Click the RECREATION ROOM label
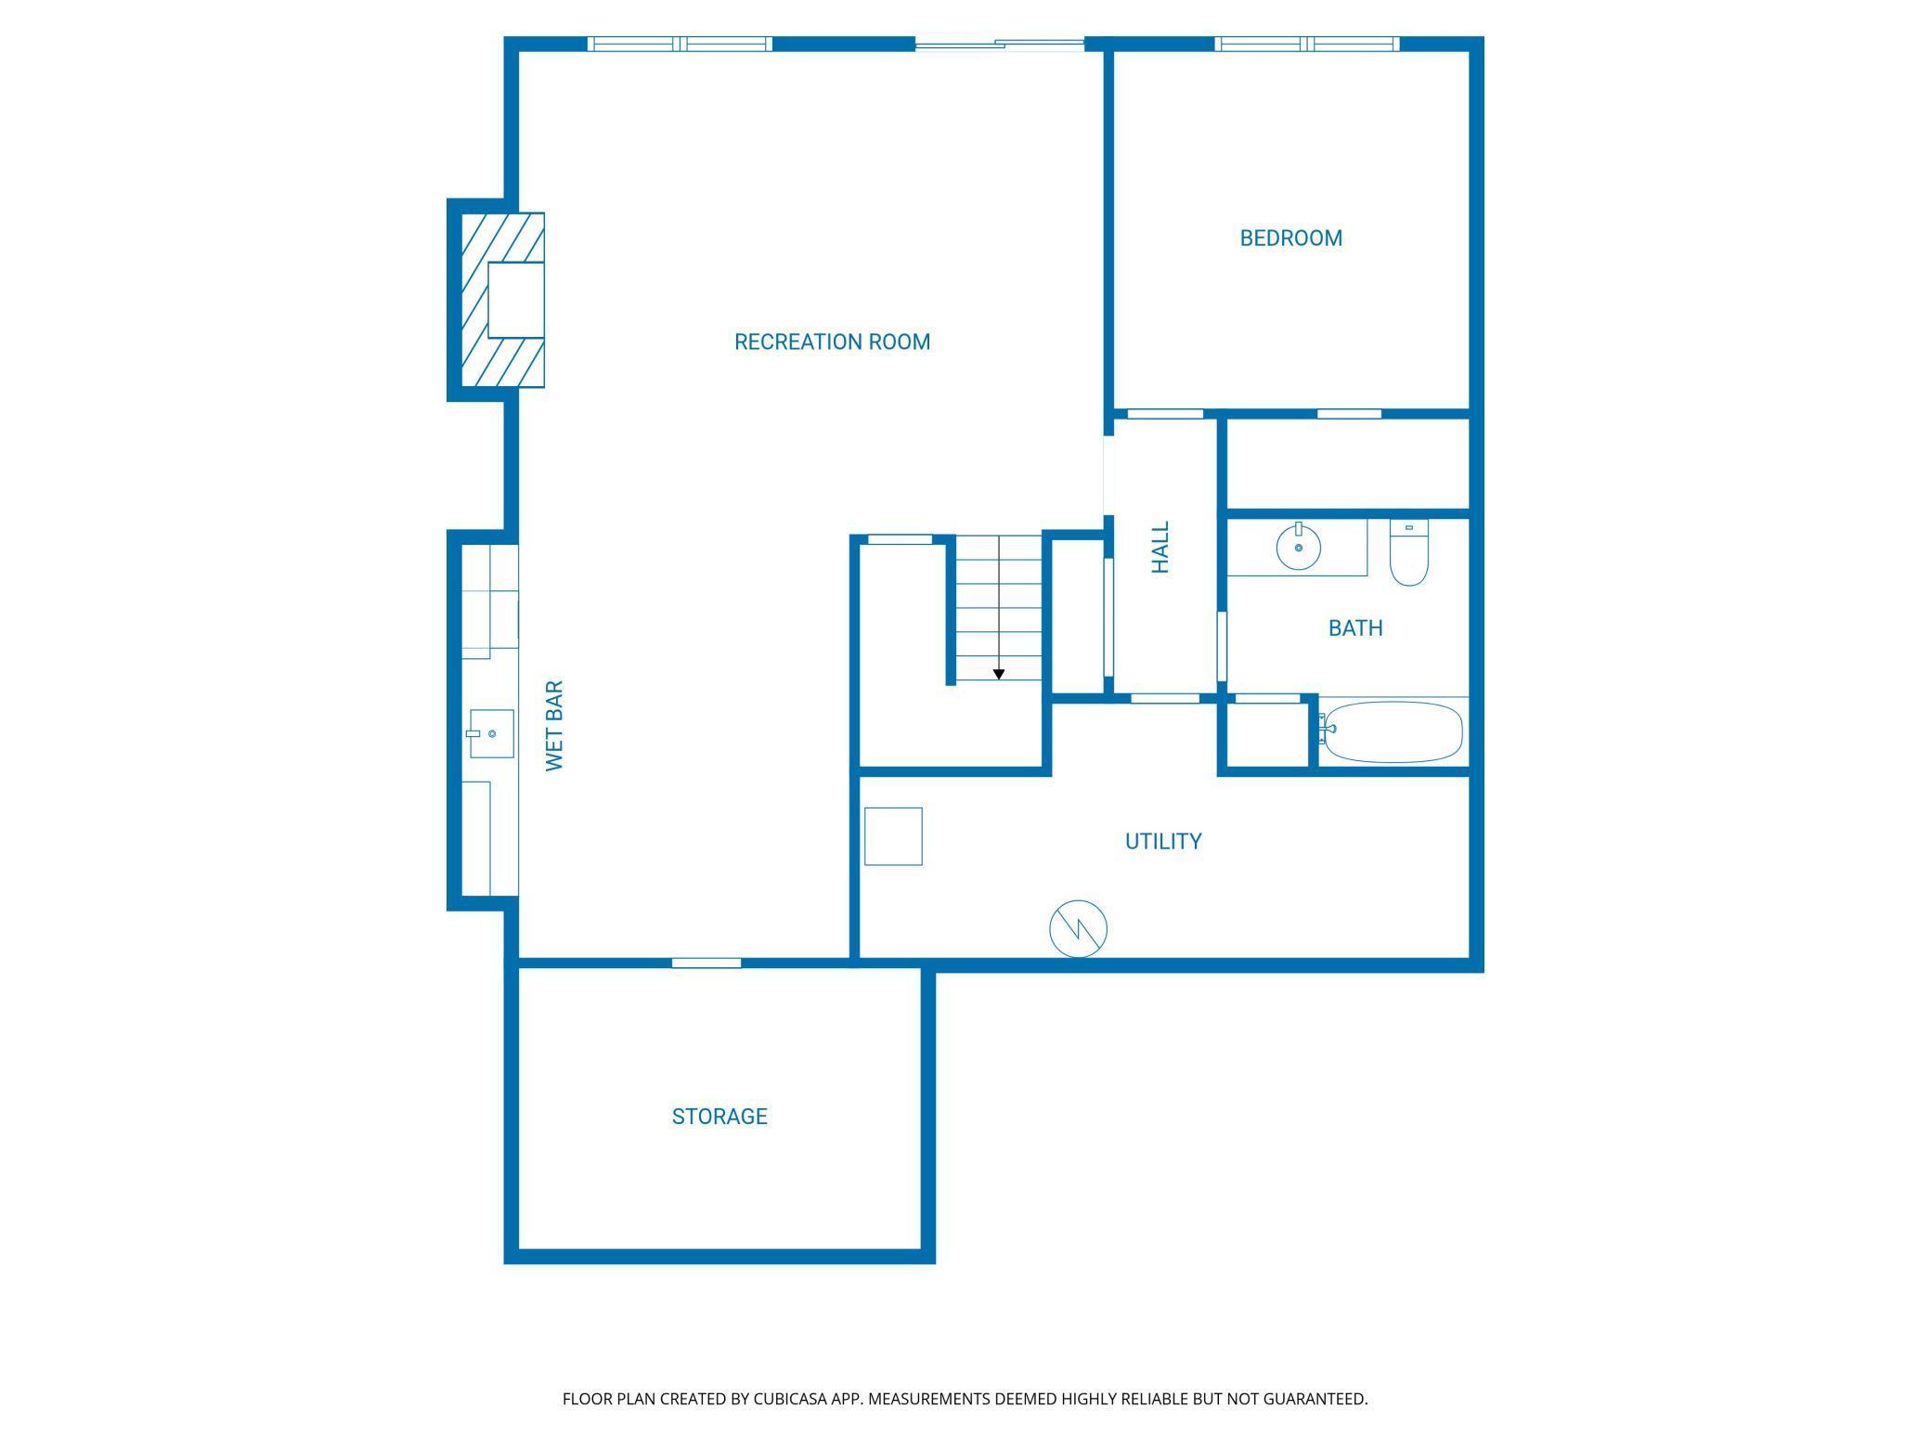[832, 342]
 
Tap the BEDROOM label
[1290, 238]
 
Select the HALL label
[1160, 547]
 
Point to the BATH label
[1355, 628]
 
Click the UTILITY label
[1163, 841]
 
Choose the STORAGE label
[719, 1116]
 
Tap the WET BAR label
[554, 725]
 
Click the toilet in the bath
[1408, 553]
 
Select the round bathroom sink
[1298, 548]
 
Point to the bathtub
[1392, 731]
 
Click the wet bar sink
[490, 733]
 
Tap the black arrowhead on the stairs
[999, 674]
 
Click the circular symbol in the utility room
[1079, 928]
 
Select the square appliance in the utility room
[893, 836]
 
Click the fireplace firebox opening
[515, 300]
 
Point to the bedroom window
[1307, 44]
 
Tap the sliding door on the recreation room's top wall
[1000, 44]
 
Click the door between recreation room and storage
[706, 963]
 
